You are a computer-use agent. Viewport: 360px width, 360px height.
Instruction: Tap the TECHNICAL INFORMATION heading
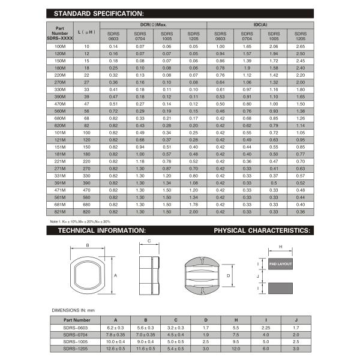coord(102,230)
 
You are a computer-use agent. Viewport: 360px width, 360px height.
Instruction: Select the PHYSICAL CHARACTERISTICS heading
coord(262,230)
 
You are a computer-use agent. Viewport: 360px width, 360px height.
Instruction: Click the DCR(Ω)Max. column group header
coord(152,24)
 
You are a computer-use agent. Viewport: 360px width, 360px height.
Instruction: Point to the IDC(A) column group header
coord(260,24)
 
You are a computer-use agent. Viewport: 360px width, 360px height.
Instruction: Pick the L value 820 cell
coord(87,212)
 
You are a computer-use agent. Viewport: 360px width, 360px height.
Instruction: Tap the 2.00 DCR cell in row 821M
coord(193,212)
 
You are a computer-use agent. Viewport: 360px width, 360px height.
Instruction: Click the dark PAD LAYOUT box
coord(280,263)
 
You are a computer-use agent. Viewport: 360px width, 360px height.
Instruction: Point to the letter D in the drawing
coord(229,276)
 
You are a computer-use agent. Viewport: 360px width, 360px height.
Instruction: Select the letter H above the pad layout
coord(280,246)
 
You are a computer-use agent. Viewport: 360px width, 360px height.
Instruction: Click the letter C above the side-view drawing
coord(148,242)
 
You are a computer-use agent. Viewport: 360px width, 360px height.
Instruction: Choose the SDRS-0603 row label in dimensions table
coord(74,328)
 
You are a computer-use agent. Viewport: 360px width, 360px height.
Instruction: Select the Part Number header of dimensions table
coord(74,320)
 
